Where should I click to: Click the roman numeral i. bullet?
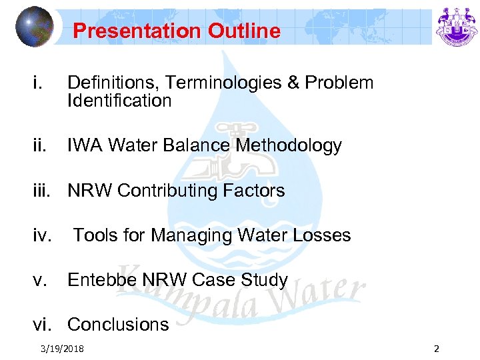[x=39, y=83]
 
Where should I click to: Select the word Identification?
[x=119, y=101]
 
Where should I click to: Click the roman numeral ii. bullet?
[x=41, y=145]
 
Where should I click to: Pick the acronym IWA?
[x=83, y=145]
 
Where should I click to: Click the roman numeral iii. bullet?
[x=43, y=191]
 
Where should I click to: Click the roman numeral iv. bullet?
[x=43, y=235]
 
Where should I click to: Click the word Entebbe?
[x=102, y=280]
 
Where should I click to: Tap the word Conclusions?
[x=118, y=325]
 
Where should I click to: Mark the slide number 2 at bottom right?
[x=436, y=348]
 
